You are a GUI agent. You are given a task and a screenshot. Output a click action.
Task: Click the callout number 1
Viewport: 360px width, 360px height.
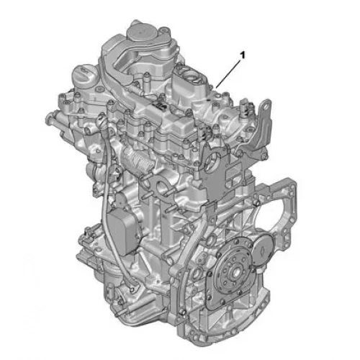pyautogui.click(x=243, y=55)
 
